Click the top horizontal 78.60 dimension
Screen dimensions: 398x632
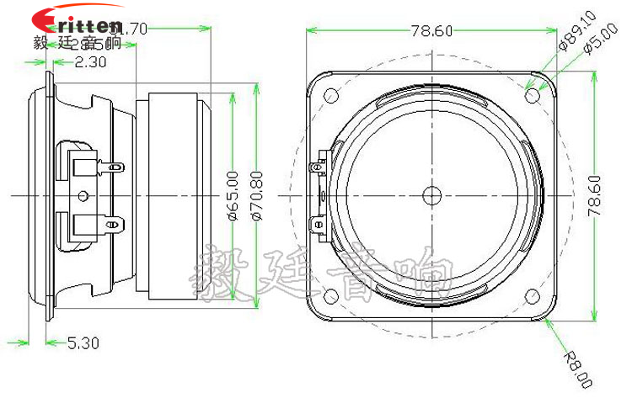coord(431,30)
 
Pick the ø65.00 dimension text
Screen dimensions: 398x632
coord(233,195)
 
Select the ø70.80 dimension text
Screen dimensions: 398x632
coord(258,195)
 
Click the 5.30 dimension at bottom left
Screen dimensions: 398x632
coord(83,342)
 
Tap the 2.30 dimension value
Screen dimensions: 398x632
coord(90,61)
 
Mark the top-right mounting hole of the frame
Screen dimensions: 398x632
coord(532,95)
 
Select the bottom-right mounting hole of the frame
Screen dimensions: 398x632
coord(532,295)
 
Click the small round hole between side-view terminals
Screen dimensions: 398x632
coord(82,195)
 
